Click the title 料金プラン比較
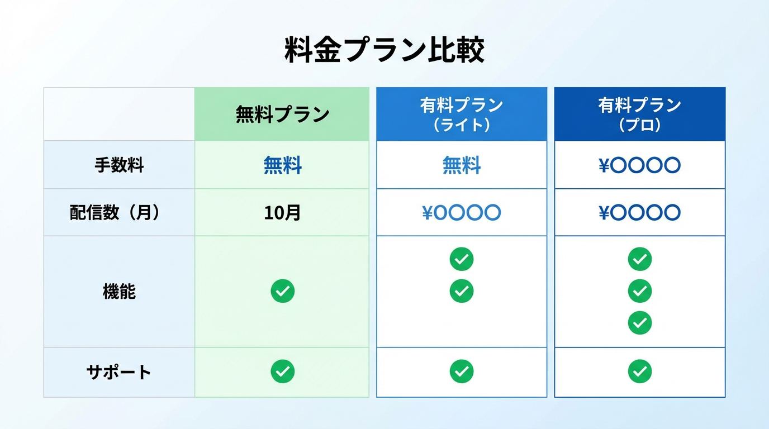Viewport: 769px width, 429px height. click(x=384, y=50)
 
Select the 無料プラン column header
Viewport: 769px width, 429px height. click(x=282, y=115)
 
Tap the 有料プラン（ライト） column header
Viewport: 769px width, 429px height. click(x=462, y=115)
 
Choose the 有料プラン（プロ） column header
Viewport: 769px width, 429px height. click(x=639, y=115)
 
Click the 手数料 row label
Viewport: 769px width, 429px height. click(x=119, y=165)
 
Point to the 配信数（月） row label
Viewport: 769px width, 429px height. click(x=115, y=212)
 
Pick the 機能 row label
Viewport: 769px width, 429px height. click(x=119, y=292)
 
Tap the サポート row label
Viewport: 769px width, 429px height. click(x=119, y=372)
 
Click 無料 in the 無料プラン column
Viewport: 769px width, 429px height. click(x=283, y=165)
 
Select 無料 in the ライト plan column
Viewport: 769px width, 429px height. click(x=462, y=165)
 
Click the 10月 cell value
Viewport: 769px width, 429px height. click(x=282, y=212)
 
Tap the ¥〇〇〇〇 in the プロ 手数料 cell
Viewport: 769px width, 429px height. click(x=639, y=165)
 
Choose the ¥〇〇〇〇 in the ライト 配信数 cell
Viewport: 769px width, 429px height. click(x=462, y=212)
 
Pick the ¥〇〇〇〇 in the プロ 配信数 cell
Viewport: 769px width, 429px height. click(x=639, y=212)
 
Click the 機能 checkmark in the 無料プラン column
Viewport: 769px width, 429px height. click(x=283, y=291)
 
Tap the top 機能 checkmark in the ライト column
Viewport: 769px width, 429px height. click(x=462, y=259)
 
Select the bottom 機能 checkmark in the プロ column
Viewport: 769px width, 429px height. click(x=639, y=323)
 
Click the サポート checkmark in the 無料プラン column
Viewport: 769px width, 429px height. click(x=283, y=371)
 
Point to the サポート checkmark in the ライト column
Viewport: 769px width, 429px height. click(x=462, y=371)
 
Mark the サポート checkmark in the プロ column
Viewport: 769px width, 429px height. click(x=639, y=371)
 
